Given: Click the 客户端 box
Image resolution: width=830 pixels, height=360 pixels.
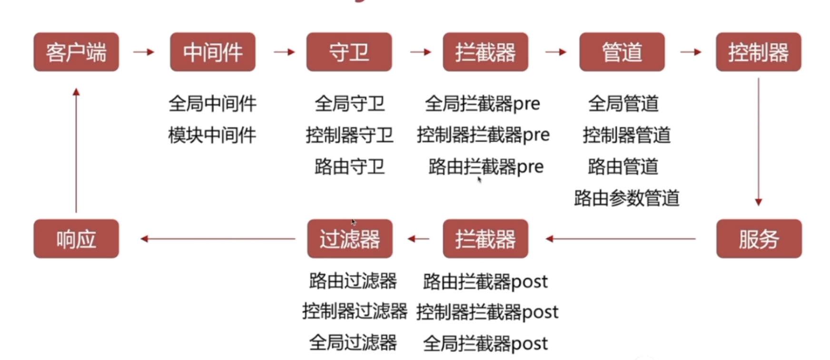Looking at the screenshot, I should [76, 52].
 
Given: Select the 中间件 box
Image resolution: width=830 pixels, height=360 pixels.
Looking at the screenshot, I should [213, 52].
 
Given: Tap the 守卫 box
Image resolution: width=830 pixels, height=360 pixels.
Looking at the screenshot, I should [349, 52].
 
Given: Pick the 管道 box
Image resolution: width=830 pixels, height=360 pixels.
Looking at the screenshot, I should [622, 52].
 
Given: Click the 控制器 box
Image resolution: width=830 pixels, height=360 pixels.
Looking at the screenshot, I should [758, 52].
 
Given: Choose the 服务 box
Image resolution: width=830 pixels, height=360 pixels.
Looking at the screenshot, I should [759, 239].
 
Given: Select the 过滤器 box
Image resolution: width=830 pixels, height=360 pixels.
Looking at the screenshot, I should [350, 239].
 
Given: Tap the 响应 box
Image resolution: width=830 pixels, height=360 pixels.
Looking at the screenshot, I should [76, 239].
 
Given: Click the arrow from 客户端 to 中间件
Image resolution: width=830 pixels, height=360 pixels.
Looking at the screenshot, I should [144, 52].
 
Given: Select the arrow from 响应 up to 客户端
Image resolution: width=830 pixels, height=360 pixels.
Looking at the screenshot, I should [76, 150].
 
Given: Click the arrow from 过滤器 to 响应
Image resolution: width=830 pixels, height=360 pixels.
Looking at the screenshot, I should [218, 239].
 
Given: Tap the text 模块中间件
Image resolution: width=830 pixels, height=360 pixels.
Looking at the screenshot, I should [212, 135].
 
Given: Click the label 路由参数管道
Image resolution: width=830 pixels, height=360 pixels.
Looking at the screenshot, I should [626, 198].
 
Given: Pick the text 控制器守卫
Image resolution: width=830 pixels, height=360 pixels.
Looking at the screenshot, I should [349, 135].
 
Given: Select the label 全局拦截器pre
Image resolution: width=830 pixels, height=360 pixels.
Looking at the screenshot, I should [483, 104].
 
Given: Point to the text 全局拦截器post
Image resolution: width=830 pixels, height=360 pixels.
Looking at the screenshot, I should [485, 343].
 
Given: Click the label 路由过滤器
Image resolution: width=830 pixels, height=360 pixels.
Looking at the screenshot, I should [353, 281].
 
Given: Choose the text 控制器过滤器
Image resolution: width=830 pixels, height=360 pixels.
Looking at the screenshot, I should [355, 311].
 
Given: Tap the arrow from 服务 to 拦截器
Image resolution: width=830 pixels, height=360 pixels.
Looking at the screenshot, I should [621, 239].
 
